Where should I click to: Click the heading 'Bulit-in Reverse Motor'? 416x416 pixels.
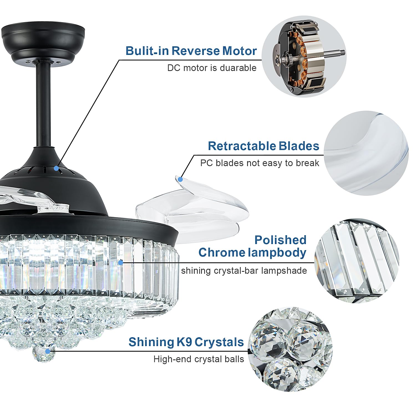point(191,51)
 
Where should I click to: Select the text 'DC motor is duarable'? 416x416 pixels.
point(212,68)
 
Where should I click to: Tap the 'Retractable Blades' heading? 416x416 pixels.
point(263,146)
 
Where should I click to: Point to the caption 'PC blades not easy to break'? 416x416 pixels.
point(260,163)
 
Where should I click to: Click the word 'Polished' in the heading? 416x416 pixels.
point(280,240)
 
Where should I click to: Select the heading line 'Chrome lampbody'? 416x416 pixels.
point(252,253)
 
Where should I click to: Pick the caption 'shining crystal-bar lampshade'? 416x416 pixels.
point(244,271)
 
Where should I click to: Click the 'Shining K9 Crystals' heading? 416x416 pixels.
point(186,342)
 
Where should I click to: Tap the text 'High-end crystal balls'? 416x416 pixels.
point(199,359)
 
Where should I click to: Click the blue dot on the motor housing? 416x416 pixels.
point(56,168)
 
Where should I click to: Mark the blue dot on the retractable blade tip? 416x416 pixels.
point(180,179)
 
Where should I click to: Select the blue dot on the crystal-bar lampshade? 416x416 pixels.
point(120,262)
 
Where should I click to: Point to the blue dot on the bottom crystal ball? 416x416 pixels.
point(48,351)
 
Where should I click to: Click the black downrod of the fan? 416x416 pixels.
point(43,105)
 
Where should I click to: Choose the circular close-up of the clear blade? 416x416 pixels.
point(366,153)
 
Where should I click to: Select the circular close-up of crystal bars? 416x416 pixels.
point(357,261)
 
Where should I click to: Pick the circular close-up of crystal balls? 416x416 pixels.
point(290,349)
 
